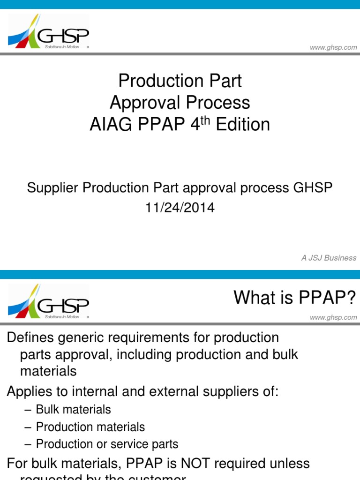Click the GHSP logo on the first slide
[x=48, y=32]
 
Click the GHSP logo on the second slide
[x=48, y=302]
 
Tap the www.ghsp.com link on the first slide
[x=333, y=47]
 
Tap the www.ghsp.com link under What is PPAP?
[x=333, y=317]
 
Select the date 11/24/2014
[x=180, y=208]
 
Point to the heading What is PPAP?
[x=295, y=297]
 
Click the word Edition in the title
[x=246, y=125]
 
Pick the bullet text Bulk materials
[x=73, y=410]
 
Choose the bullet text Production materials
[x=90, y=427]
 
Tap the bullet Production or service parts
[x=107, y=444]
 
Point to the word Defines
[x=31, y=337]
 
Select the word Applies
[x=30, y=392]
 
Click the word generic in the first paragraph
[x=87, y=337]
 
